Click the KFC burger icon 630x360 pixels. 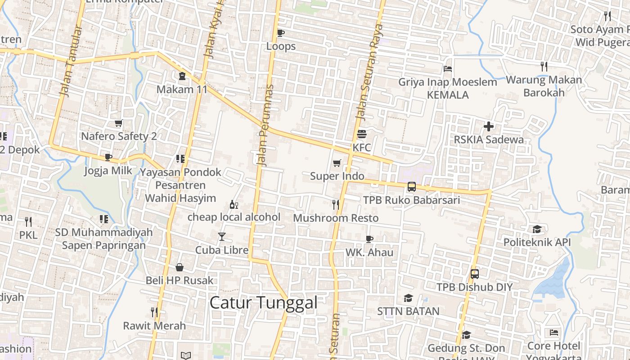[x=362, y=134]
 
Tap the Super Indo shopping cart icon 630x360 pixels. [x=337, y=163]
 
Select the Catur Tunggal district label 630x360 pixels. [x=264, y=302]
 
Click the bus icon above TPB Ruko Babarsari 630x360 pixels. [x=411, y=187]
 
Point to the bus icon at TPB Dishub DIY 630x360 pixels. [x=474, y=274]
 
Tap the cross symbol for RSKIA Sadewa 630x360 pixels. [x=488, y=126]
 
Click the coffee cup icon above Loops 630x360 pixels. [x=280, y=33]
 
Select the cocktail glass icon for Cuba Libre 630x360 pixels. [x=221, y=237]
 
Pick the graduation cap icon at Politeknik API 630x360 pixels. [x=536, y=229]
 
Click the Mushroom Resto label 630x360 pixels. [x=336, y=218]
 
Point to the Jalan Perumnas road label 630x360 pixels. [x=266, y=126]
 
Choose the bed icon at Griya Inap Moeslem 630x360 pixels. [x=447, y=69]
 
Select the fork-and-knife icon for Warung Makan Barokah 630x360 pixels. [x=544, y=67]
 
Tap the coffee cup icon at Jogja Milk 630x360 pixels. [x=108, y=157]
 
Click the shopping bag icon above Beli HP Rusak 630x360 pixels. [x=179, y=267]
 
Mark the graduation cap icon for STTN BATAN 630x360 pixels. [x=408, y=298]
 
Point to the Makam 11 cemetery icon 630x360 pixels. [x=182, y=76]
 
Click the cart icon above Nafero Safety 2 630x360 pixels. [x=118, y=123]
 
